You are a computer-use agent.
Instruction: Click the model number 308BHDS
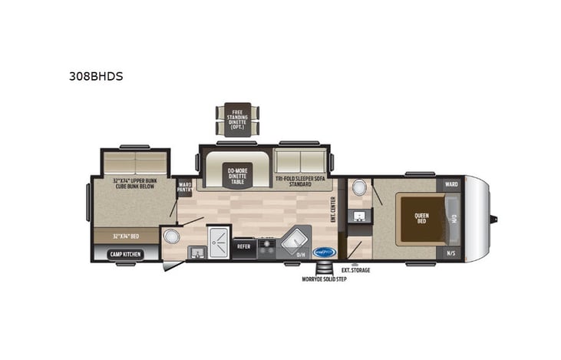coord(96,76)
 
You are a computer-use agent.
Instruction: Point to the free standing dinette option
coord(236,119)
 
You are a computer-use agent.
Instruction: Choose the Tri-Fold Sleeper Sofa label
coord(300,180)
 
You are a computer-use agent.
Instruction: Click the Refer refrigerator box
coord(243,246)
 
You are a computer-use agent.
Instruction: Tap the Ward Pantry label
coord(184,187)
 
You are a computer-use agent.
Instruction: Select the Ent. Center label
coord(333,210)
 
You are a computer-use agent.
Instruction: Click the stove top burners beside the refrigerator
coord(267,246)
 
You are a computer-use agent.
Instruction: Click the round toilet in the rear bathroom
coord(172,236)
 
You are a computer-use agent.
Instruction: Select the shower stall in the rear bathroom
coord(219,242)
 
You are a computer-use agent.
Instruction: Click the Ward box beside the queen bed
coord(450,185)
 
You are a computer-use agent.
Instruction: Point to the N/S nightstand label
coord(450,253)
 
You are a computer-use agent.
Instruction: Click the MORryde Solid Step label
coord(323,279)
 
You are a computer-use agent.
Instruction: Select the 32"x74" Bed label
coord(124,236)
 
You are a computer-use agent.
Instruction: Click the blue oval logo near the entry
coord(325,251)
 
